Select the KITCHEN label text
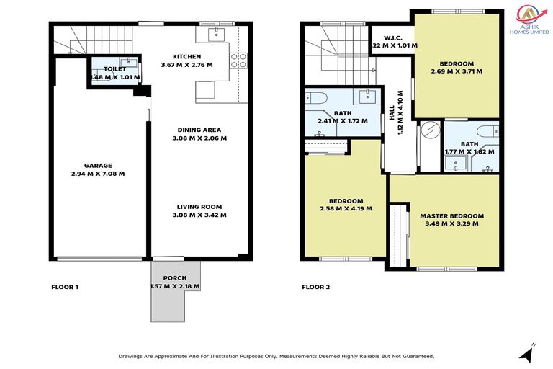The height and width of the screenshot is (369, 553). pyautogui.click(x=186, y=57)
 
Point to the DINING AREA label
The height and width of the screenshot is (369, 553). pyautogui.click(x=199, y=130)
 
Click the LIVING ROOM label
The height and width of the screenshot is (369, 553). pyautogui.click(x=199, y=206)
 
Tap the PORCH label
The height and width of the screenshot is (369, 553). pyautogui.click(x=174, y=278)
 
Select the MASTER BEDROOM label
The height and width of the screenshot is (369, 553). pyautogui.click(x=451, y=215)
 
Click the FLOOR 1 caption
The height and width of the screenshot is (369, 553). pyautogui.click(x=65, y=287)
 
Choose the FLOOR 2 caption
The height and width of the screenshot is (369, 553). pyautogui.click(x=315, y=287)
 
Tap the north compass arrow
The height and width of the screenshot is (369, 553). pyautogui.click(x=527, y=352)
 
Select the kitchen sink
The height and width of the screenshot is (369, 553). pyautogui.click(x=216, y=34)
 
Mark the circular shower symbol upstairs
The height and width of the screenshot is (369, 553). pyautogui.click(x=430, y=130)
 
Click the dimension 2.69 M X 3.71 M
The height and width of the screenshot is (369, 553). pyautogui.click(x=457, y=71)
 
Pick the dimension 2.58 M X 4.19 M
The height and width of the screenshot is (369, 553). pyautogui.click(x=346, y=209)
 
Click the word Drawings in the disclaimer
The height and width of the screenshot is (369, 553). pyautogui.click(x=133, y=356)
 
